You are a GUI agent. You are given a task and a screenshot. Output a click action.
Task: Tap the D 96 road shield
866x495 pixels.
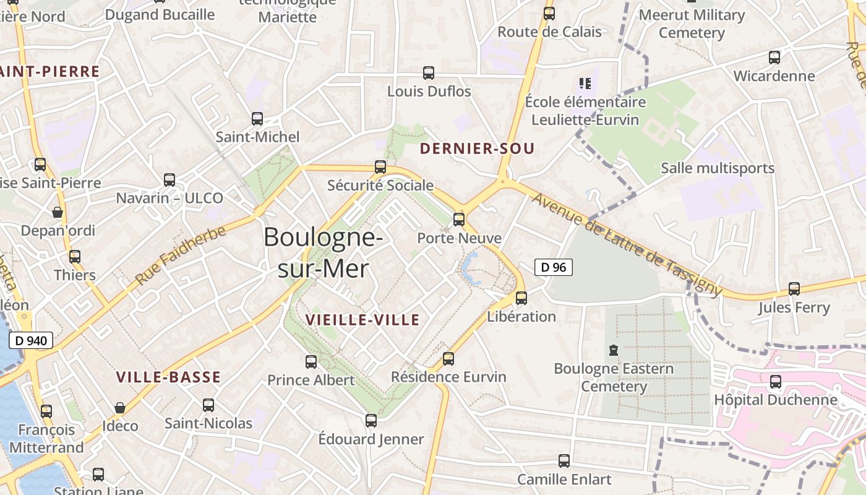553,267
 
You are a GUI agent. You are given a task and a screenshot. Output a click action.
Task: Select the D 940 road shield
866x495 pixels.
31,340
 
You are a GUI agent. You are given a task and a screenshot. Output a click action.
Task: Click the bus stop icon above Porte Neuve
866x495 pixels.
458,219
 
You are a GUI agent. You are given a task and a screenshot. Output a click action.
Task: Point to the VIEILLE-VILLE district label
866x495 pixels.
362,320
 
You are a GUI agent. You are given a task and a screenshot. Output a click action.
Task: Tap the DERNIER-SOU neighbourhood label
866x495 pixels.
476,148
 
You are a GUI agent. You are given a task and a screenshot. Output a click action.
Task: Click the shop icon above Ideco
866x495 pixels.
120,408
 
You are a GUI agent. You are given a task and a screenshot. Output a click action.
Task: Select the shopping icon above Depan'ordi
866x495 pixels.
58,212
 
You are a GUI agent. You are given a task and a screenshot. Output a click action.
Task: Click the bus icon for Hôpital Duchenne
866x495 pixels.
775,382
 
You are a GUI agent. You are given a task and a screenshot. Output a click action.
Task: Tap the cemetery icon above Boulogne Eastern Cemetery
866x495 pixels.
613,350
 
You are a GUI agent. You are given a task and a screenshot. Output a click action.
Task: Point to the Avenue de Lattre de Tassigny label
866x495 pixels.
626,244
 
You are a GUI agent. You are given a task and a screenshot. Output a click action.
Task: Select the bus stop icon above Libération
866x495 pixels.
521,298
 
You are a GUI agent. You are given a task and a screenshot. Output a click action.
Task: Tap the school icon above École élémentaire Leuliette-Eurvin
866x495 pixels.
585,83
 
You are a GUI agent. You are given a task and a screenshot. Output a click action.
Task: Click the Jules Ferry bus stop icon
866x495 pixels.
794,288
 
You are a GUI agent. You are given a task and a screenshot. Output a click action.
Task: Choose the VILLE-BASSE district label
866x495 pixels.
168,377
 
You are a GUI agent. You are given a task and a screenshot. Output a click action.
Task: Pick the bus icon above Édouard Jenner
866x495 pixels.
371,421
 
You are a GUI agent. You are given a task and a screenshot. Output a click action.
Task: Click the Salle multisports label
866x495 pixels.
718,168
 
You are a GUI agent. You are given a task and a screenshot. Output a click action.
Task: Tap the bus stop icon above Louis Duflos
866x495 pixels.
429,73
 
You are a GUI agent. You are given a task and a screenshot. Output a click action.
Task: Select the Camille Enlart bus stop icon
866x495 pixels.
564,460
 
